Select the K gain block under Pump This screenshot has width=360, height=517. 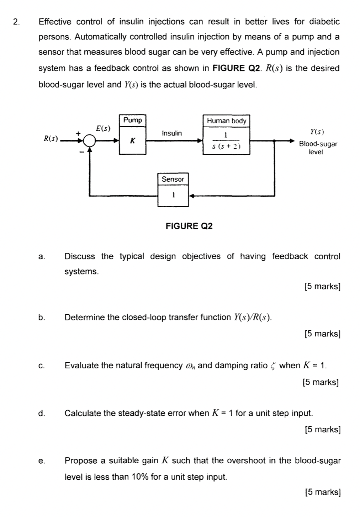(133, 140)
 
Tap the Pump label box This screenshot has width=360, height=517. (133, 120)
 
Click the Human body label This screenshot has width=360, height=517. (226, 121)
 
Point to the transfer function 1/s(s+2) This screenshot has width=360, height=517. (226, 140)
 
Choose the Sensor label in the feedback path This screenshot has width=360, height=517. (173, 179)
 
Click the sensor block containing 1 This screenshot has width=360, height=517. (173, 196)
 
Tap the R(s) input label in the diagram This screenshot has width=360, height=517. (51, 138)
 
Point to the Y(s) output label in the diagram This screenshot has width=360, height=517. (317, 132)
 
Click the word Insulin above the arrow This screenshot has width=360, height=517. (172, 133)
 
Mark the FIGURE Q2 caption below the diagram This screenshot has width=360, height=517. (189, 226)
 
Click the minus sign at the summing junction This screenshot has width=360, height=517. (81, 151)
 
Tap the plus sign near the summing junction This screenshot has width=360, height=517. (79, 133)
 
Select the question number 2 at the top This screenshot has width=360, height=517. (16, 22)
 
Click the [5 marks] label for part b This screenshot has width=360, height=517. (323, 334)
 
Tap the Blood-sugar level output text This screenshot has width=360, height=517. (318, 148)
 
